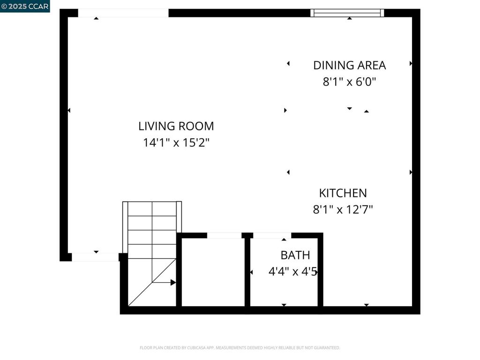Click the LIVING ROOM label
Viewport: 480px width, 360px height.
point(176,126)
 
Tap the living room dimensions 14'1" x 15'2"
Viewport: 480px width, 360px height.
point(176,142)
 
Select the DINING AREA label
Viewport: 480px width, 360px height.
point(349,65)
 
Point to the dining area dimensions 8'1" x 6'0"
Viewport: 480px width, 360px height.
point(349,82)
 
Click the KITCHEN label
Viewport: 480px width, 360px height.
point(343,193)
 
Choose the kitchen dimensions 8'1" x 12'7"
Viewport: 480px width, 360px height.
point(343,210)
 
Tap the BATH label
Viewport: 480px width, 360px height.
point(295,255)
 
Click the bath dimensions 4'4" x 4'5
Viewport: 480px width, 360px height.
point(292,271)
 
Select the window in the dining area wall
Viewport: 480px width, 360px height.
point(347,13)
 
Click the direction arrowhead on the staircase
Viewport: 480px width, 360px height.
point(173,282)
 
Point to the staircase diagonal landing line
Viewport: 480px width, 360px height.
point(152,282)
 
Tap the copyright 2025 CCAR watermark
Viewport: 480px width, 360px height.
point(25,6)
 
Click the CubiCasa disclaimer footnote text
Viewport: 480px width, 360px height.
point(240,348)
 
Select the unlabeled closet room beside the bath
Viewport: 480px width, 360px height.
point(213,272)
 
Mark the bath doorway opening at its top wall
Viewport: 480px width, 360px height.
point(272,235)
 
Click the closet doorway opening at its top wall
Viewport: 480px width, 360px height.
point(225,235)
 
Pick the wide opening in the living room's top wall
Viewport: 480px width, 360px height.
point(123,13)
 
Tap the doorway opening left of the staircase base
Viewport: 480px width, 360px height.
point(95,257)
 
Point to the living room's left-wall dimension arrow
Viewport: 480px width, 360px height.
point(69,110)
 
